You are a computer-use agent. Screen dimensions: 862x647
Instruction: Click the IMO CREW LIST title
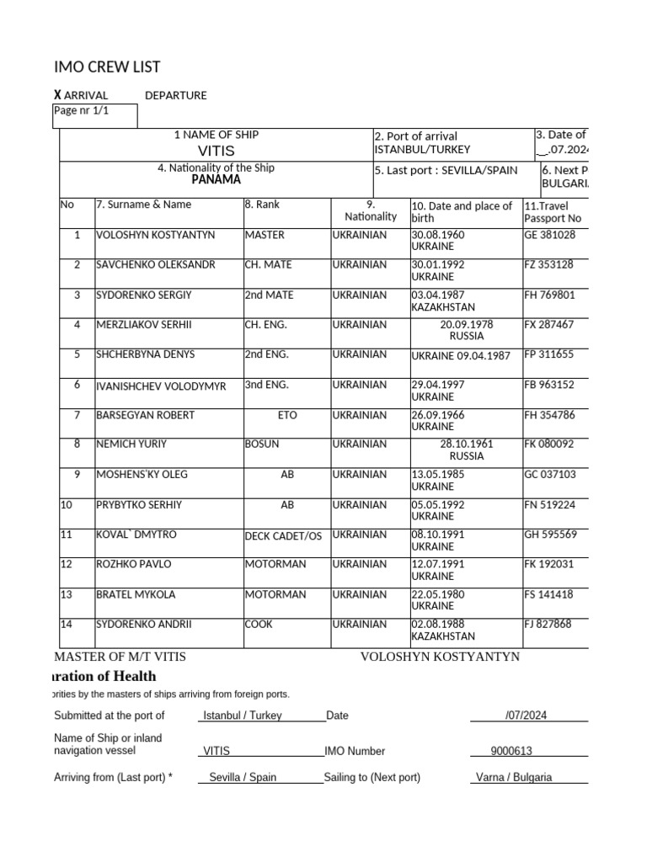click(x=107, y=67)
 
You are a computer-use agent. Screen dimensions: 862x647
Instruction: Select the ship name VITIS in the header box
click(x=216, y=151)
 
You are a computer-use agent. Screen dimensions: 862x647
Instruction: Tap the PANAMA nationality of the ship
click(x=216, y=179)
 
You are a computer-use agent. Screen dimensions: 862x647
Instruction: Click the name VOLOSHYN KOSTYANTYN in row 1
click(x=156, y=235)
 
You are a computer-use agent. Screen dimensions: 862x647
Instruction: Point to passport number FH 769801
click(x=549, y=295)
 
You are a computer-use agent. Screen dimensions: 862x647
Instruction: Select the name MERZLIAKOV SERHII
click(x=144, y=324)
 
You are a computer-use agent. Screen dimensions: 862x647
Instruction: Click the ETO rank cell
click(x=286, y=415)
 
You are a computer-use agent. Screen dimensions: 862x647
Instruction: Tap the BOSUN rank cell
click(x=262, y=444)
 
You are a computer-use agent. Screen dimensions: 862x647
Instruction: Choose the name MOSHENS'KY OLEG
click(x=142, y=474)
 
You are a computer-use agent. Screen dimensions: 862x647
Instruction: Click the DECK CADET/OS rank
click(x=283, y=535)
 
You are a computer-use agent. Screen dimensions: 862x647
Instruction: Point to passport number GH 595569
click(x=550, y=535)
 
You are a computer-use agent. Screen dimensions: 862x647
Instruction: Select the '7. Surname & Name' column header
click(x=144, y=205)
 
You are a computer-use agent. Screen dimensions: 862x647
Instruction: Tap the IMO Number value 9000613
click(x=511, y=751)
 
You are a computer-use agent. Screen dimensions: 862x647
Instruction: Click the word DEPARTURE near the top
click(x=175, y=95)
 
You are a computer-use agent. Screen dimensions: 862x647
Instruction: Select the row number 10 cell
click(x=67, y=505)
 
